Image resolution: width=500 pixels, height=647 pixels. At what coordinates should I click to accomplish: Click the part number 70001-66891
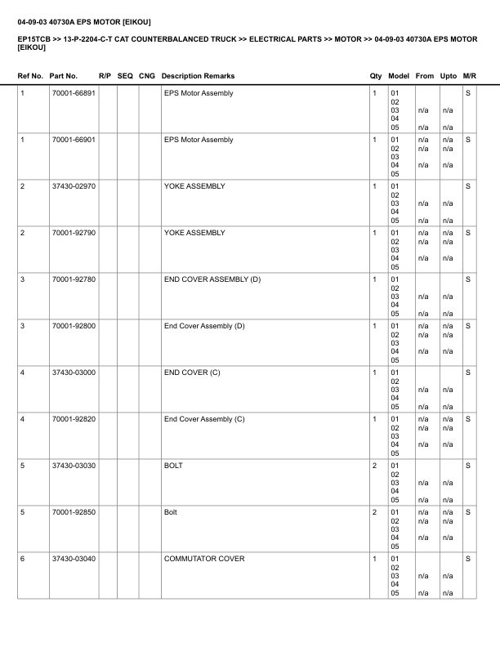pyautogui.click(x=73, y=93)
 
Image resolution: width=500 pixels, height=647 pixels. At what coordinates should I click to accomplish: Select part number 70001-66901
pyautogui.click(x=73, y=140)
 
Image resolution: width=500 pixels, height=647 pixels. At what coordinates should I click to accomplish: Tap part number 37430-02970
pyautogui.click(x=73, y=186)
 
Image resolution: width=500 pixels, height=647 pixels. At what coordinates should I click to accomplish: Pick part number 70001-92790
pyautogui.click(x=73, y=233)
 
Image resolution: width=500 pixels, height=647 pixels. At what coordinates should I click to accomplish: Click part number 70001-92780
pyautogui.click(x=73, y=279)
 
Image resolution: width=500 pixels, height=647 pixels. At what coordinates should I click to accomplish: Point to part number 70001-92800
pyautogui.click(x=73, y=326)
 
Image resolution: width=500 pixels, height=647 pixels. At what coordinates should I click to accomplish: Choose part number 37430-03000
pyautogui.click(x=73, y=373)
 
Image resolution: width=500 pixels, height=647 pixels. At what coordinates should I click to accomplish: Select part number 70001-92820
pyautogui.click(x=73, y=419)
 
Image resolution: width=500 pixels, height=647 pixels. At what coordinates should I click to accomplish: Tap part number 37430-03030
pyautogui.click(x=73, y=466)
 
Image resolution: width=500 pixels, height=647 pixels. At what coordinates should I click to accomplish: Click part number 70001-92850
pyautogui.click(x=73, y=512)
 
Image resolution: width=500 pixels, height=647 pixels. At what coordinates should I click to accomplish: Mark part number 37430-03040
pyautogui.click(x=73, y=559)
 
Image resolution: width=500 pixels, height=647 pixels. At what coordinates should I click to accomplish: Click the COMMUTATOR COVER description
pyautogui.click(x=204, y=559)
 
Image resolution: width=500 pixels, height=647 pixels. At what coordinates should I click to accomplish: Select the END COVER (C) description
pyautogui.click(x=192, y=373)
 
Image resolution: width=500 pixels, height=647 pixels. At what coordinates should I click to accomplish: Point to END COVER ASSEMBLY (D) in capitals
pyautogui.click(x=212, y=279)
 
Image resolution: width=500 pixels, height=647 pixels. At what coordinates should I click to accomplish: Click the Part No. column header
pyautogui.click(x=64, y=76)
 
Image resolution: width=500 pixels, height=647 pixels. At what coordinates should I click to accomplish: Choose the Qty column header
pyautogui.click(x=376, y=76)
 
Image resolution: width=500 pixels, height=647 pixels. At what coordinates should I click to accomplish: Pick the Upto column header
pyautogui.click(x=449, y=76)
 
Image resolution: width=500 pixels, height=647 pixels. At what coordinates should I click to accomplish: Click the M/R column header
pyautogui.click(x=470, y=76)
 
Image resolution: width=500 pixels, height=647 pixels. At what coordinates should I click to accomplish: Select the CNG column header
pyautogui.click(x=147, y=76)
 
